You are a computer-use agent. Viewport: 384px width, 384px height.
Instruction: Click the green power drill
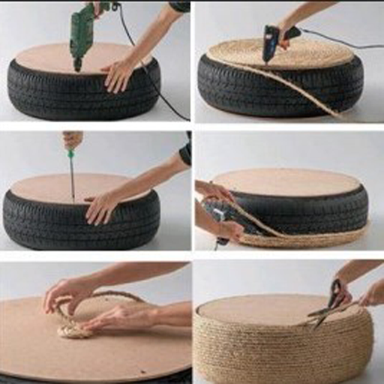[82, 34]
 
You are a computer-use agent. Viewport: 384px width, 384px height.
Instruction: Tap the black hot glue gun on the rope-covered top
[271, 41]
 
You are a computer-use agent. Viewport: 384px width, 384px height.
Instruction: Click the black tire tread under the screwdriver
[75, 225]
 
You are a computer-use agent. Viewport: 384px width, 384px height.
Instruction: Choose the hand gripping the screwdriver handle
[73, 139]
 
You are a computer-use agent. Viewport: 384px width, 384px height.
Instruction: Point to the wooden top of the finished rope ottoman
[255, 307]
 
